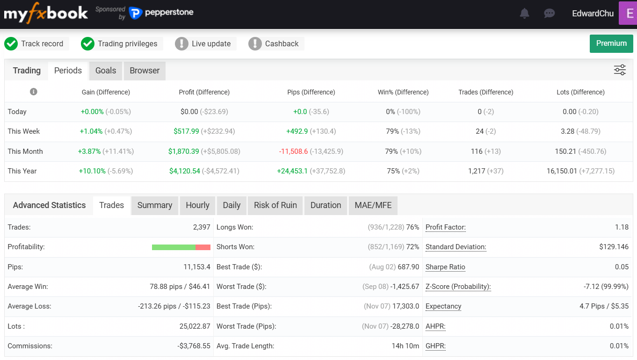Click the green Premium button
[x=611, y=43]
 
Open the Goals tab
[x=106, y=71]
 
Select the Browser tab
[x=145, y=71]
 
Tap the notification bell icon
[x=525, y=14]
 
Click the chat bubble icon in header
[x=550, y=14]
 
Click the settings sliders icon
[x=620, y=70]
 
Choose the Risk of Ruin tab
[x=275, y=205]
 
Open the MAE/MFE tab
[x=373, y=205]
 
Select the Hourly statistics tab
[x=197, y=205]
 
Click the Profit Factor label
[x=446, y=227]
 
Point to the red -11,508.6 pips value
[x=293, y=151]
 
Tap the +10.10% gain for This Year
[x=92, y=171]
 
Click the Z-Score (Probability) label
[x=458, y=287]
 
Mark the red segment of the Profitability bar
[x=203, y=247]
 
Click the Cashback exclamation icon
[x=255, y=44]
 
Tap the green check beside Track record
[x=11, y=44]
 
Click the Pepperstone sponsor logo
[x=161, y=13]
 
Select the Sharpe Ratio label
[x=445, y=267]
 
